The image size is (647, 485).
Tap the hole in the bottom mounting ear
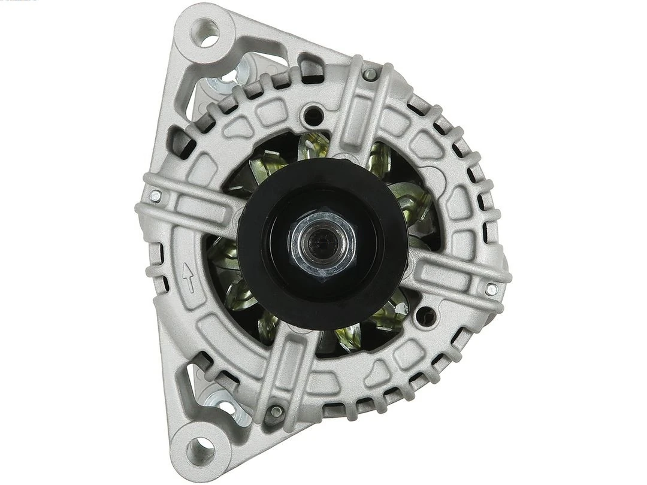[201, 448]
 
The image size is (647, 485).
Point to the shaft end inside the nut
[322, 241]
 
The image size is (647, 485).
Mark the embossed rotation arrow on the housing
[188, 278]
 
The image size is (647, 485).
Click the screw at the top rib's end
[370, 74]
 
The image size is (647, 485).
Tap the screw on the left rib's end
[155, 195]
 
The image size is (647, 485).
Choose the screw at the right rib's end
[491, 289]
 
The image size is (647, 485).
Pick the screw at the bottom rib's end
[276, 411]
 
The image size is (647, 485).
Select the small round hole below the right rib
[425, 316]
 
